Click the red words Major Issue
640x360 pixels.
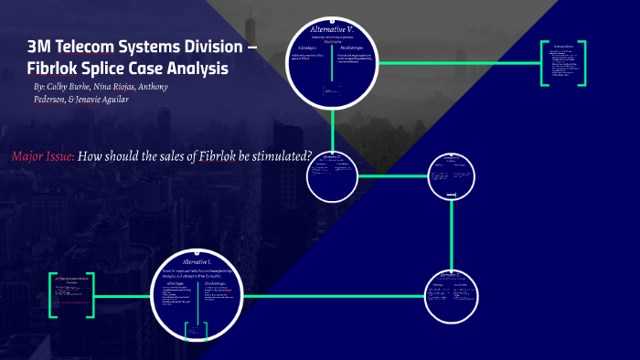click(x=42, y=155)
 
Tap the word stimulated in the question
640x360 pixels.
click(x=283, y=155)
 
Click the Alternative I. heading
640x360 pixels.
click(x=197, y=261)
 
